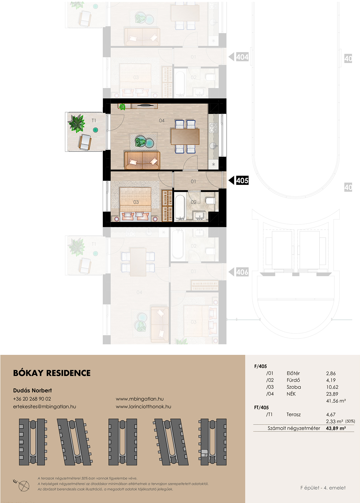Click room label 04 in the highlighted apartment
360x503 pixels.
point(162,121)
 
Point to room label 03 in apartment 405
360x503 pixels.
point(136,202)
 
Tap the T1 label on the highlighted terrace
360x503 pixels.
point(94,120)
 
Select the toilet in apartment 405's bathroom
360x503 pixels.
point(210,201)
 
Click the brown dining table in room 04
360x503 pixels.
point(185,137)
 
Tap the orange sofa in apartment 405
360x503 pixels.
point(142,160)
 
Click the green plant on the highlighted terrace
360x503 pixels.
point(77,123)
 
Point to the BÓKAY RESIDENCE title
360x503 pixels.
point(52,373)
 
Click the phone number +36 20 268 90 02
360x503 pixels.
point(32,399)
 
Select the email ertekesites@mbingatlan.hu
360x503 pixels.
point(44,407)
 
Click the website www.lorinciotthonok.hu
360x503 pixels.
point(143,407)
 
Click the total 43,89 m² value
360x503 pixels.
point(336,428)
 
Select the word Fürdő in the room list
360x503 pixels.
point(293,380)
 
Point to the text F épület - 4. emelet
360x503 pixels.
point(323,488)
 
